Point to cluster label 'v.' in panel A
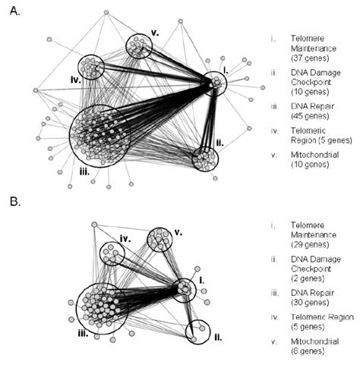154,33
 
